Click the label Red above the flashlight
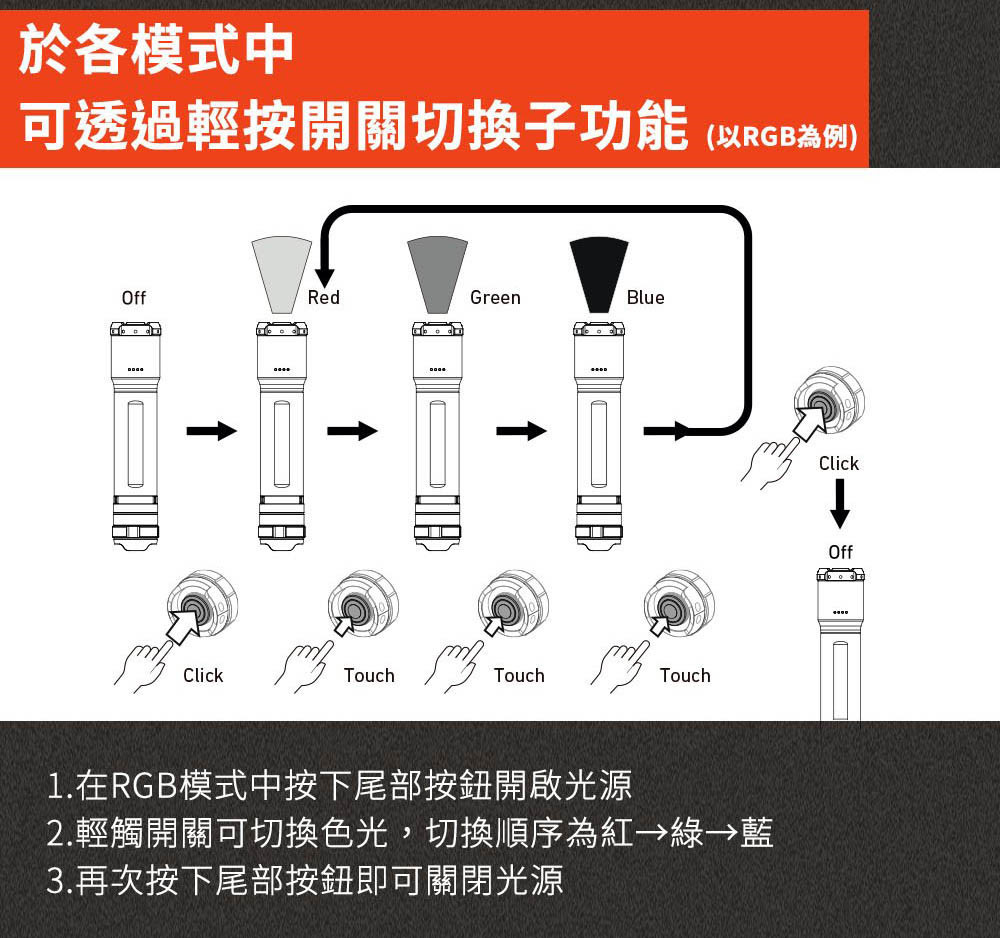pos(324,298)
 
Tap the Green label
pos(495,298)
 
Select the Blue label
pos(645,298)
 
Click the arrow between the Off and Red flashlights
pos(211,431)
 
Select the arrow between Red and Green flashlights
pos(351,431)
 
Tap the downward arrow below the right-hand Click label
pos(840,503)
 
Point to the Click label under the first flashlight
pos(203,676)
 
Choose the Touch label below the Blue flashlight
pos(685,676)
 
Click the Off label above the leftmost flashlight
pos(133,298)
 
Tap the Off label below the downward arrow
pos(840,552)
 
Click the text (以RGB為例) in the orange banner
pos(781,136)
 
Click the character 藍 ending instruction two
pos(756,833)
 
